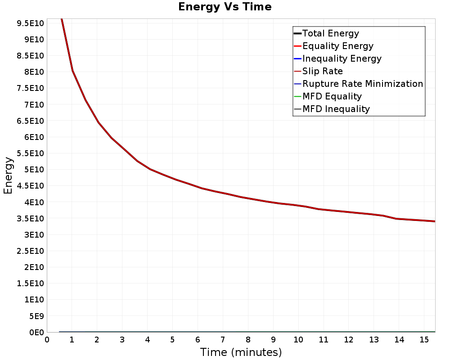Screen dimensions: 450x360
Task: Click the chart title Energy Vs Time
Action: pos(225,7)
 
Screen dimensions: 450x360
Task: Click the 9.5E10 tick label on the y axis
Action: pos(31,23)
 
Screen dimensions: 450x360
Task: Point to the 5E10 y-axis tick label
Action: pos(34,170)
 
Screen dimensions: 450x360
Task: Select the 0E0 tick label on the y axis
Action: pos(36,332)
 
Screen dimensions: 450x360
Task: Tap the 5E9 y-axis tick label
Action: pos(36,316)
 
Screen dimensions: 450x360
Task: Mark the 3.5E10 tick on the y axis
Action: pos(31,218)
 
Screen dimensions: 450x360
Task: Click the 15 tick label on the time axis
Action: pos(424,340)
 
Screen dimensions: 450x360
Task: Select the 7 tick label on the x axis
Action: pos(223,340)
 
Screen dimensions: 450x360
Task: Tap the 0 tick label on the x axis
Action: pos(47,340)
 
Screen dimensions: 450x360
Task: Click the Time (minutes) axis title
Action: pos(241,352)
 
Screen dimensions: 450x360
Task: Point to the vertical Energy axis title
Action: pos(8,175)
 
